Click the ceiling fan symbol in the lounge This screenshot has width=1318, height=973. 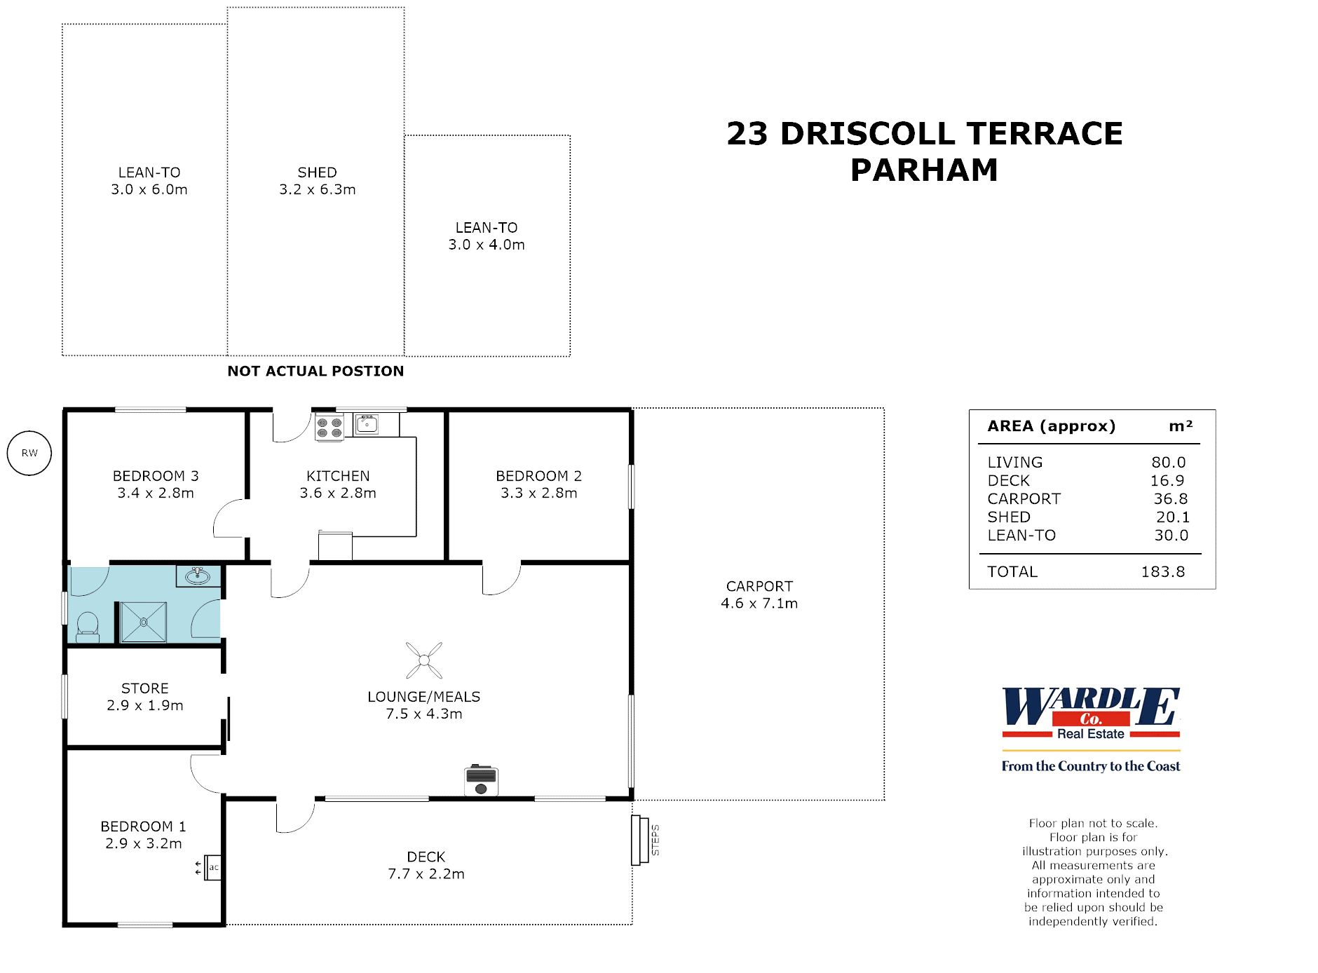click(424, 660)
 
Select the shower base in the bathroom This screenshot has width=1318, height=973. click(144, 622)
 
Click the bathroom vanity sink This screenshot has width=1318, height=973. click(198, 576)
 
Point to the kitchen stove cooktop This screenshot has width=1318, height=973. click(329, 428)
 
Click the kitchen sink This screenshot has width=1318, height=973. click(367, 424)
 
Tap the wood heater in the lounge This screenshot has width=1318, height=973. click(481, 780)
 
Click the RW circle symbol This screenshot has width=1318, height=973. click(29, 453)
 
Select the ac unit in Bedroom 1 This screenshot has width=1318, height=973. click(213, 868)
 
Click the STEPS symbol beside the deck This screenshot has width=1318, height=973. click(640, 840)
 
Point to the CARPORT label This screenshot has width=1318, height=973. click(759, 586)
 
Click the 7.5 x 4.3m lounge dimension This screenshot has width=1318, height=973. click(423, 714)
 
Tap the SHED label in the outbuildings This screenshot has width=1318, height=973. click(317, 172)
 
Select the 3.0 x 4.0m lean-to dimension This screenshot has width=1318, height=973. click(487, 245)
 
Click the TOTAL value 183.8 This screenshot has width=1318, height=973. click(1162, 572)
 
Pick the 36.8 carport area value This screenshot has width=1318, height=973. click(1170, 499)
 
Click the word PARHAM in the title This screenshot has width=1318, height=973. click(924, 170)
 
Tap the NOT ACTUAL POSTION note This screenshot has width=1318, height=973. click(315, 372)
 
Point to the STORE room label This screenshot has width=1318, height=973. click(145, 688)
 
